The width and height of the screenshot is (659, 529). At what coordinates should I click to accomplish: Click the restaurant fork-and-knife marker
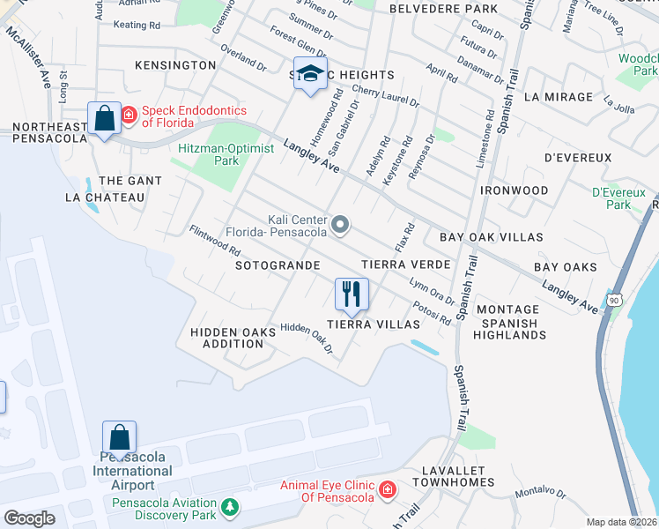pyautogui.click(x=352, y=294)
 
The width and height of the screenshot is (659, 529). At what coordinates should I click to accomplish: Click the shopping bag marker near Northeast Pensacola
pyautogui.click(x=105, y=118)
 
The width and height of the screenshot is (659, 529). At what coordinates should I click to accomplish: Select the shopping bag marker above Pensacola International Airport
pyautogui.click(x=119, y=436)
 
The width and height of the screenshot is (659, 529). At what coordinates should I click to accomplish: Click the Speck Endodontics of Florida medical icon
pyautogui.click(x=129, y=115)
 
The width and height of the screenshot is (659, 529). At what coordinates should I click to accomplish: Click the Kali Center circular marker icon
pyautogui.click(x=340, y=226)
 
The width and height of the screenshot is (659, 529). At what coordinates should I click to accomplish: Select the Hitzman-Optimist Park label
pyautogui.click(x=215, y=155)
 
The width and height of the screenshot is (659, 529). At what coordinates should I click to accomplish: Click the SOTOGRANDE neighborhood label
pyautogui.click(x=277, y=264)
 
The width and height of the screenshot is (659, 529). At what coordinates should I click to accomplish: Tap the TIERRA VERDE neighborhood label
pyautogui.click(x=406, y=264)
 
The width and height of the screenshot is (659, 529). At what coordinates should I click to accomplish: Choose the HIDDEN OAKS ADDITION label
pyautogui.click(x=227, y=338)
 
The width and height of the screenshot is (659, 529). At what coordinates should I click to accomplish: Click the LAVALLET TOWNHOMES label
pyautogui.click(x=459, y=478)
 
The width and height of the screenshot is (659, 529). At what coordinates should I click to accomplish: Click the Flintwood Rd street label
pyautogui.click(x=215, y=241)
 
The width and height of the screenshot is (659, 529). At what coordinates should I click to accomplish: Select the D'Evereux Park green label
pyautogui.click(x=619, y=197)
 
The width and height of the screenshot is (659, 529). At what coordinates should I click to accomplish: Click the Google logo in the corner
pyautogui.click(x=29, y=518)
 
